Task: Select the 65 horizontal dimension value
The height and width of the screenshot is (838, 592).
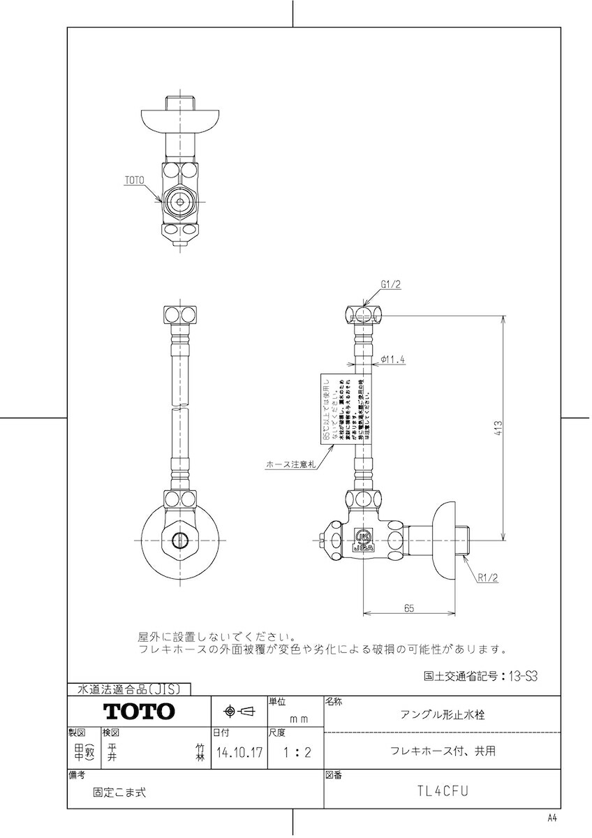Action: pos(409,608)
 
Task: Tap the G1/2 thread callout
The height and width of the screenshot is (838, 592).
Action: pos(391,284)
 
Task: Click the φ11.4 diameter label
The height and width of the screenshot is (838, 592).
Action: pos(394,360)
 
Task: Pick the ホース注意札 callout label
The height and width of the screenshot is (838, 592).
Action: pos(290,463)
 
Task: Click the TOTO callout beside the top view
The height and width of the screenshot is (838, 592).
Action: pos(134,180)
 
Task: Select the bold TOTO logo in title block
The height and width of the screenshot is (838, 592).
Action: pos(139,712)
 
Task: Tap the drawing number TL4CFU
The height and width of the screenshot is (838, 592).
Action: pos(442,791)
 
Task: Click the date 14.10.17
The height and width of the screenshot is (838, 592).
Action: pos(239,754)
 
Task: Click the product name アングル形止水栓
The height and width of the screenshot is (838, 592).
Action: pos(443,715)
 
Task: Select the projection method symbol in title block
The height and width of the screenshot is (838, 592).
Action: pos(239,712)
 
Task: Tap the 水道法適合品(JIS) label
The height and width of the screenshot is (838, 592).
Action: pos(128,689)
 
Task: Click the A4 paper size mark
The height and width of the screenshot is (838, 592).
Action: pos(552,818)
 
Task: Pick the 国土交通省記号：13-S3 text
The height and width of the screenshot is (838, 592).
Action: pos(482,676)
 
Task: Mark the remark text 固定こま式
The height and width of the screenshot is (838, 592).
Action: pos(119,792)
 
